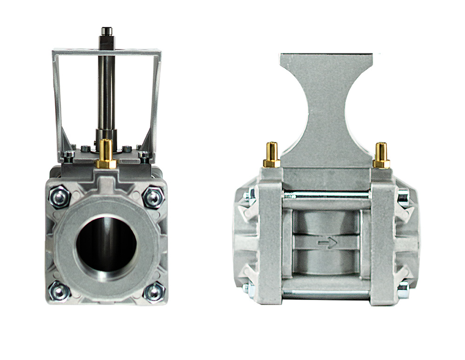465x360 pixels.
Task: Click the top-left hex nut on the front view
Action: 60,197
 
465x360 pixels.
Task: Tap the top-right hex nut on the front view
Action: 153,197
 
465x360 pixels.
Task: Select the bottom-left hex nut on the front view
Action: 60,291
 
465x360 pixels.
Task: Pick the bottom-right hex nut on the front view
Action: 154,292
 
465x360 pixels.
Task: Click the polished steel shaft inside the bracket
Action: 106,93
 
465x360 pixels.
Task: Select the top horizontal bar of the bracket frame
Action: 107,51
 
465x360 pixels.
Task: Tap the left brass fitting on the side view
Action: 272,155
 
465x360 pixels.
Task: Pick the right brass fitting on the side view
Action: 381,155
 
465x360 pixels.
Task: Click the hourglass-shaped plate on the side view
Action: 326,107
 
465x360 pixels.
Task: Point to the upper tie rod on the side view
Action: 326,193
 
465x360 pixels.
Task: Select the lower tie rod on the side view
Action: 326,292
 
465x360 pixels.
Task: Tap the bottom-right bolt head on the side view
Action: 403,290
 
